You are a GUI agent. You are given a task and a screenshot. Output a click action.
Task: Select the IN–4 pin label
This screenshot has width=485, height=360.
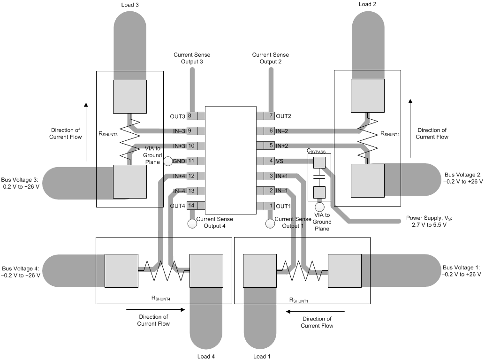coord(179,191)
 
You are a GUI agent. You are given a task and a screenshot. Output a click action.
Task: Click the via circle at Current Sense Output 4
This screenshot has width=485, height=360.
coord(192,223)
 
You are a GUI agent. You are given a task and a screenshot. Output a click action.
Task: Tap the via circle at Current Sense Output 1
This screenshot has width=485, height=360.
coord(270,223)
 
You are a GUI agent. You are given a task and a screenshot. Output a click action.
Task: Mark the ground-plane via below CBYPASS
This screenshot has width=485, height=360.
coord(319,207)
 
